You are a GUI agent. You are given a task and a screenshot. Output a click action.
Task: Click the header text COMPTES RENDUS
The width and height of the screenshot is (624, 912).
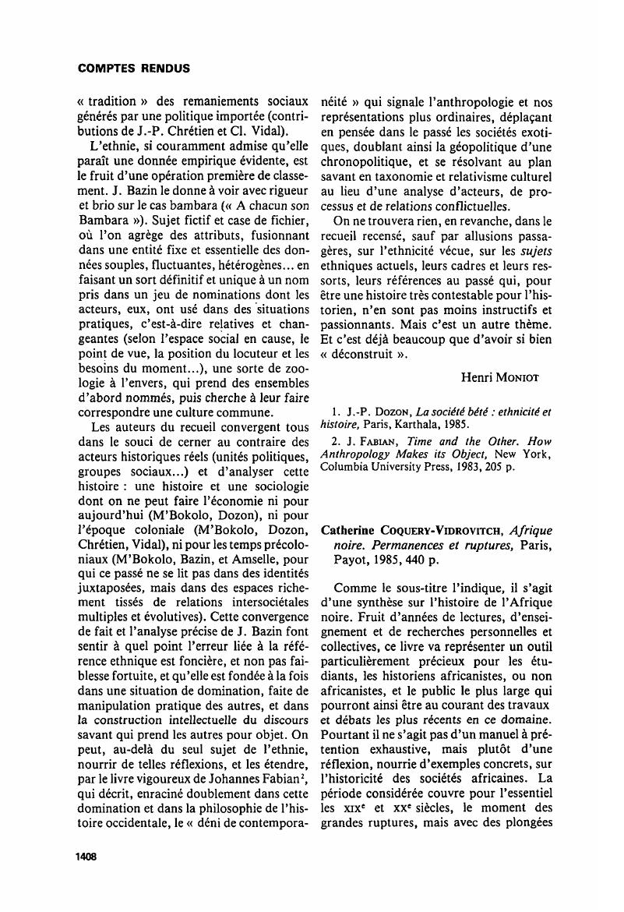(134, 68)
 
